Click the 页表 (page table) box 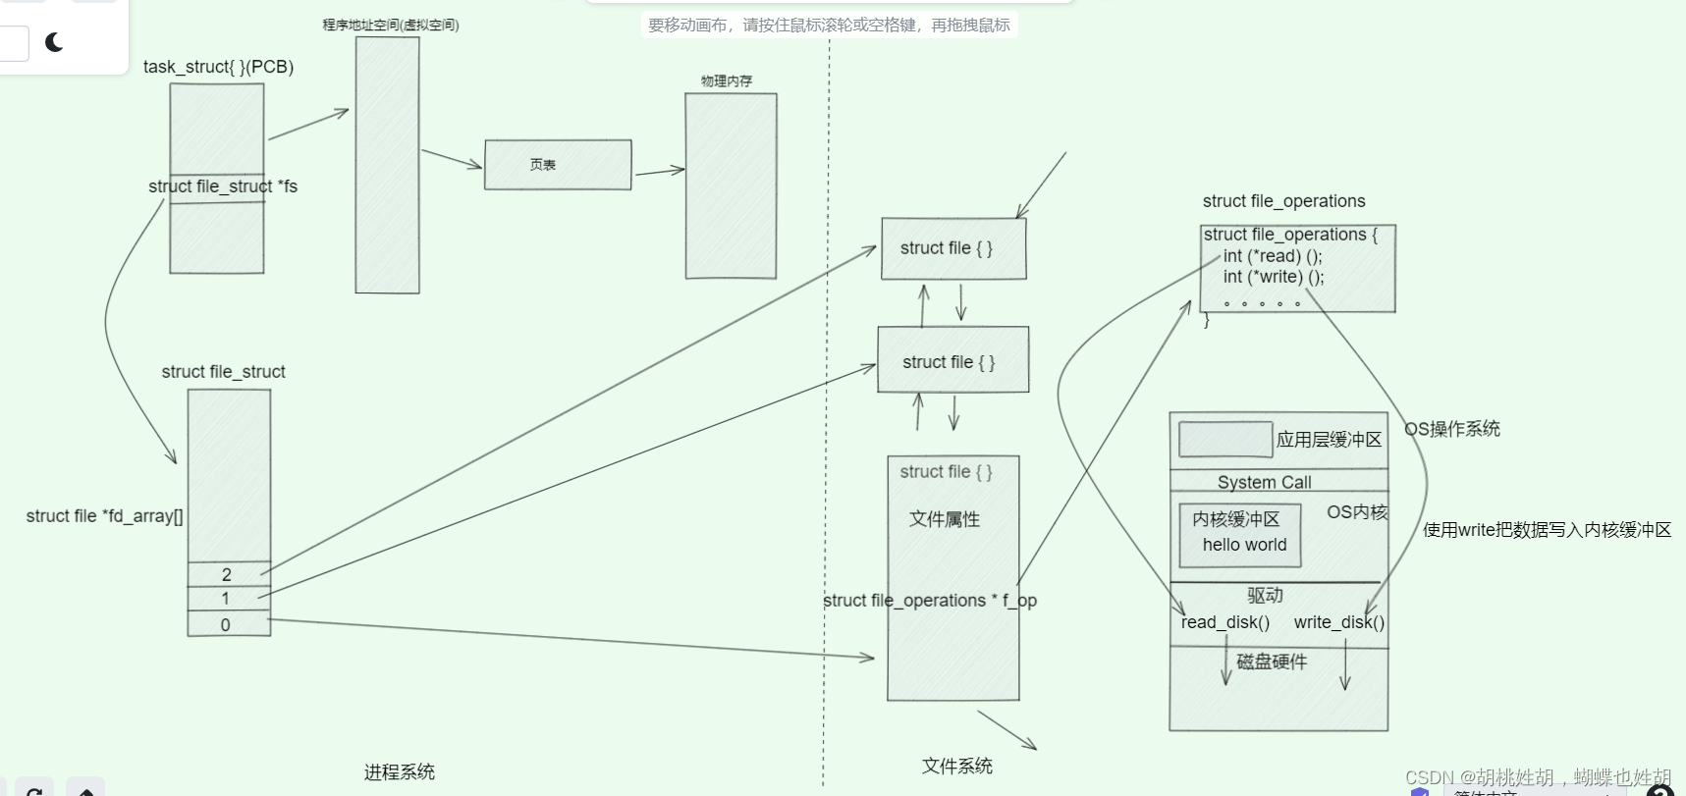point(557,165)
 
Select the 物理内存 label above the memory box point(727,81)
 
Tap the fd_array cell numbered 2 point(228,574)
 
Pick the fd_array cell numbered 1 point(226,599)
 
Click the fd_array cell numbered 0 point(226,624)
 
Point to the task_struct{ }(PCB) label point(218,67)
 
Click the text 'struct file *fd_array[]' point(104,516)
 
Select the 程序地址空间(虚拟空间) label point(391,26)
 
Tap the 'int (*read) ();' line point(1273,256)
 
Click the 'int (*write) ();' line point(1274,277)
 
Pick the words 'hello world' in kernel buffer point(1244,545)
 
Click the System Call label point(1264,482)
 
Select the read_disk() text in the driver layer point(1225,622)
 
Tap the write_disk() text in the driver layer point(1338,622)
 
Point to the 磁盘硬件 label point(1272,662)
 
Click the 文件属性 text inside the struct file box point(945,519)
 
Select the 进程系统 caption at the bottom point(399,772)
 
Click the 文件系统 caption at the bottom point(957,767)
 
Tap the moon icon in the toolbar point(55,42)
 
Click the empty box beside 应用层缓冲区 point(1225,439)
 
